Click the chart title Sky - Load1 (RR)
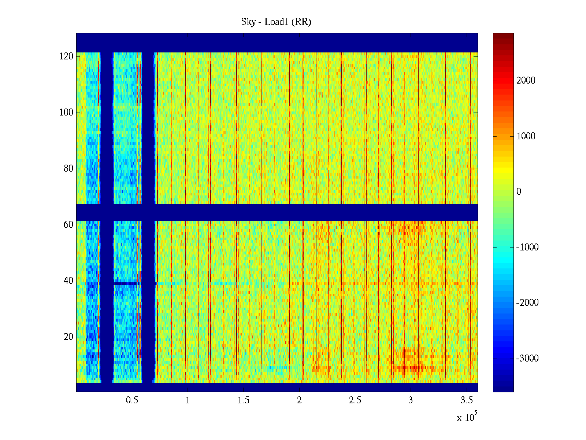pyautogui.click(x=276, y=22)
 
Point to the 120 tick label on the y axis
pyautogui.click(x=66, y=56)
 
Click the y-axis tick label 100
pyautogui.click(x=66, y=113)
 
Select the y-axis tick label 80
pyautogui.click(x=68, y=169)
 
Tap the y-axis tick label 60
pyautogui.click(x=68, y=225)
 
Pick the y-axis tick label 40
pyautogui.click(x=68, y=281)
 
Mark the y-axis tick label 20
pyautogui.click(x=68, y=337)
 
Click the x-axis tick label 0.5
pyautogui.click(x=132, y=400)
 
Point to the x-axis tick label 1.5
pyautogui.click(x=244, y=400)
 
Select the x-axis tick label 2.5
pyautogui.click(x=355, y=400)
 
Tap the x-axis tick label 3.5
pyautogui.click(x=467, y=400)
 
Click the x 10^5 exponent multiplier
pyautogui.click(x=467, y=417)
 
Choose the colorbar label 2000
pyautogui.click(x=526, y=81)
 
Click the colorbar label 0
pyautogui.click(x=519, y=192)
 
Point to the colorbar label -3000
pyautogui.click(x=527, y=359)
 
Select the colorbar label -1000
pyautogui.click(x=527, y=247)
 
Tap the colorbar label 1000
pyautogui.click(x=526, y=136)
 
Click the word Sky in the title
pyautogui.click(x=248, y=22)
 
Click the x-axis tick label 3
pyautogui.click(x=411, y=400)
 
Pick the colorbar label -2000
pyautogui.click(x=527, y=303)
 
